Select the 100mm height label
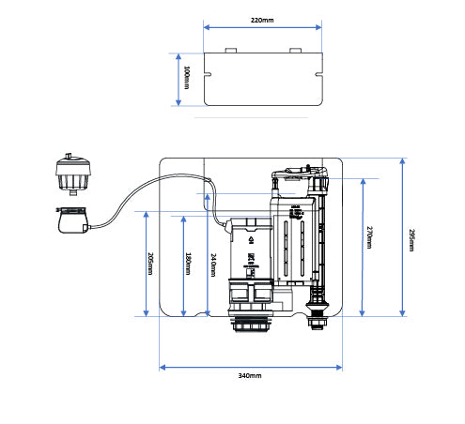pyautogui.click(x=187, y=79)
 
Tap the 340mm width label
pyautogui.click(x=250, y=375)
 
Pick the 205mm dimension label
pyautogui.click(x=150, y=264)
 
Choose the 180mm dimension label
pyautogui.click(x=188, y=264)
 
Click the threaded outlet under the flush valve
pyautogui.click(x=251, y=326)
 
